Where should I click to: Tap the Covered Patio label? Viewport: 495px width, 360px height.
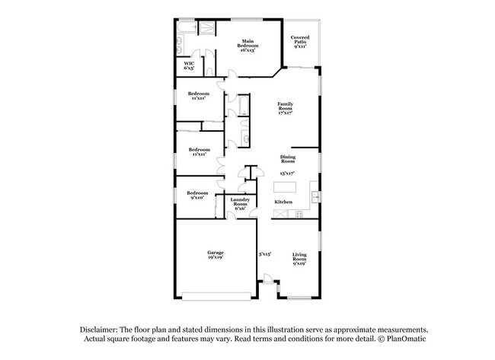[x=299, y=42]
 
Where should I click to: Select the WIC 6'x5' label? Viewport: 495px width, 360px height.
[x=189, y=66]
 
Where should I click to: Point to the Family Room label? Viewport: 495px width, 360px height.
[x=285, y=108]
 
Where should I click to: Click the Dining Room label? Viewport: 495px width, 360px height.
[x=287, y=159]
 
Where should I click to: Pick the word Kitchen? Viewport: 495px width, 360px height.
[x=283, y=202]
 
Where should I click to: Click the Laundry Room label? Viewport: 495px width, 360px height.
[x=240, y=203]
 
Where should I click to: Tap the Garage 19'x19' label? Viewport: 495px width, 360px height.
[x=216, y=255]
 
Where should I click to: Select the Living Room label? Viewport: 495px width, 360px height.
[x=299, y=260]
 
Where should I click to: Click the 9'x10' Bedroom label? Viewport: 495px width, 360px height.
[x=197, y=195]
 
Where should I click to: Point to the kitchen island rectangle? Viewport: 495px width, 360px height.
[x=285, y=186]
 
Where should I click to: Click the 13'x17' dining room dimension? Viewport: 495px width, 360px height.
[x=287, y=174]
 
